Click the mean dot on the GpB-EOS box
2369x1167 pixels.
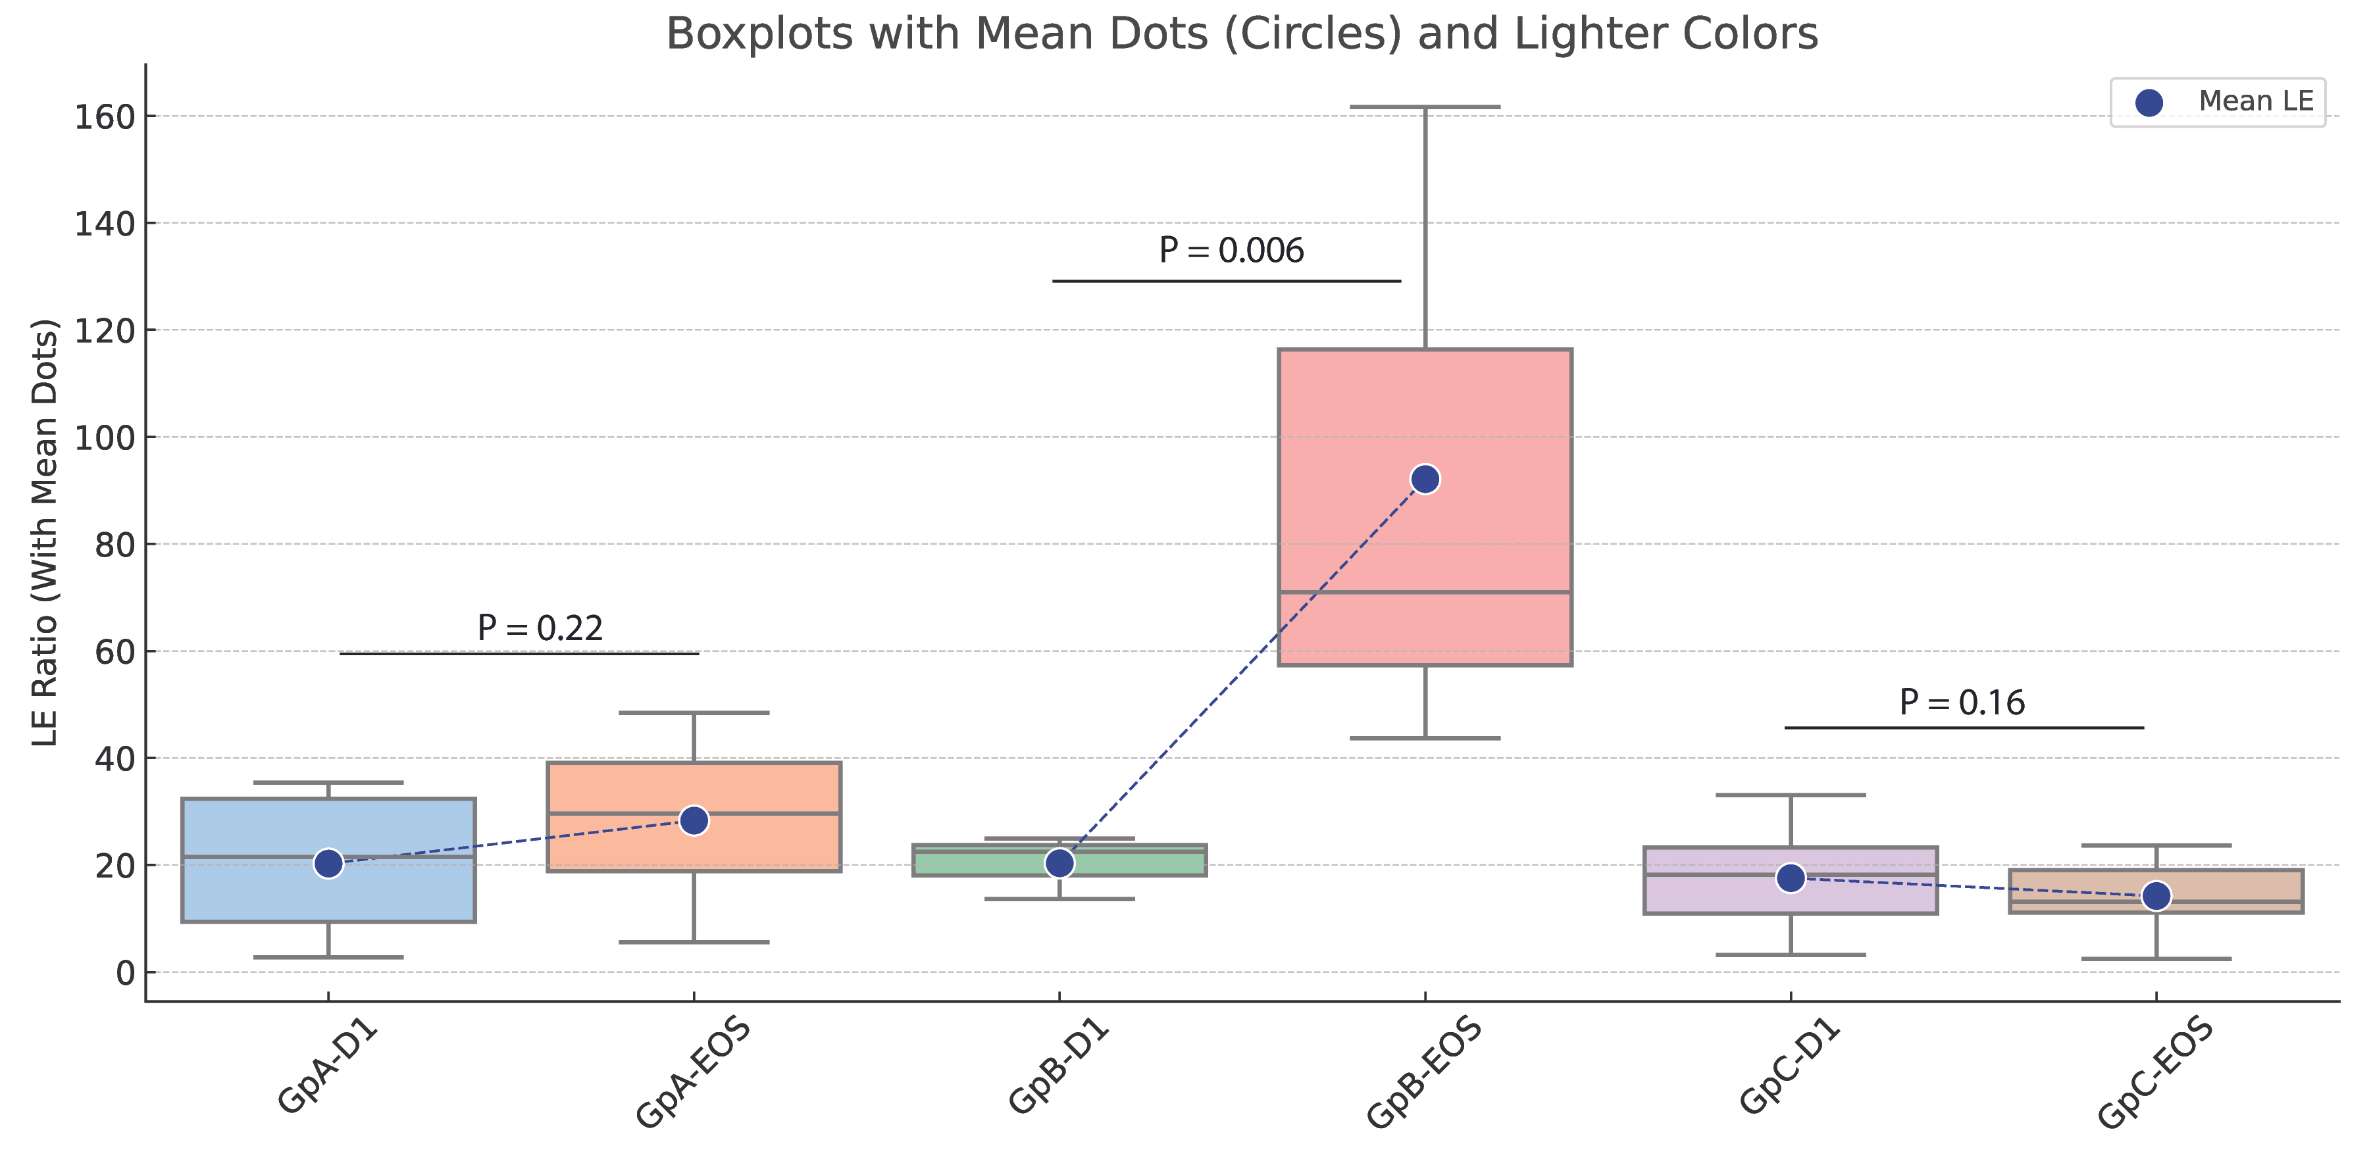click(x=1425, y=479)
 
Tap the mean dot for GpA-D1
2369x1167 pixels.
click(x=328, y=864)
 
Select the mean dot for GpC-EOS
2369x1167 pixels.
click(x=2156, y=896)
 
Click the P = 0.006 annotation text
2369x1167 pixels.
click(x=1231, y=250)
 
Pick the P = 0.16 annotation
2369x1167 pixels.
click(x=1962, y=703)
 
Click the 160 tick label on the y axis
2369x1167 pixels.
click(x=104, y=117)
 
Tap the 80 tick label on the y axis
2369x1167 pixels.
click(x=114, y=545)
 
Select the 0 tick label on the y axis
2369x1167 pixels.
click(x=125, y=973)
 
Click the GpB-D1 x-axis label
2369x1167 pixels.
click(x=1059, y=1067)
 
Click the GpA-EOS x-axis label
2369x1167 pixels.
click(x=694, y=1072)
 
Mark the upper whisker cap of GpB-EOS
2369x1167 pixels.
click(x=1425, y=108)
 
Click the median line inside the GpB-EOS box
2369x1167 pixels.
click(x=1425, y=592)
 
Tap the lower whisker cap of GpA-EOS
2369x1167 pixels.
click(x=694, y=942)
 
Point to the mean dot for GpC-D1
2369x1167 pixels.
click(x=1790, y=878)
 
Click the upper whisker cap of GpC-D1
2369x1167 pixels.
click(x=1790, y=795)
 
